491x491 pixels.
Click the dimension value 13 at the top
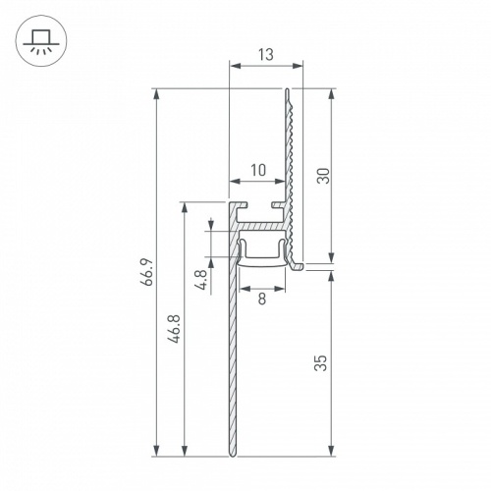(x=265, y=55)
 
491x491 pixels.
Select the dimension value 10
(x=257, y=170)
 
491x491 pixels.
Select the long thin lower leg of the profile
(x=233, y=373)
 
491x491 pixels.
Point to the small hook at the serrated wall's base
(x=300, y=264)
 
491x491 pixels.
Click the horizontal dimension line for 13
(x=265, y=67)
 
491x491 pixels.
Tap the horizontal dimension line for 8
(x=262, y=290)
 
